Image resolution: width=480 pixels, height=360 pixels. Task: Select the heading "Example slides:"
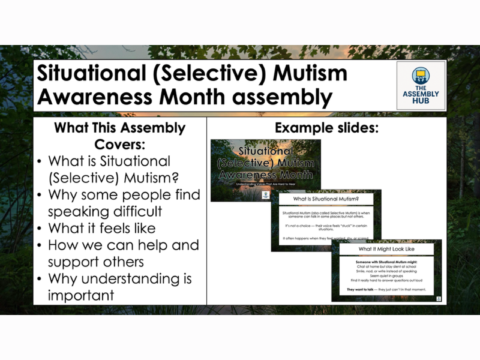point(326,128)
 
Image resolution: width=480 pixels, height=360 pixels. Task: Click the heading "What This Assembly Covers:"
point(119,136)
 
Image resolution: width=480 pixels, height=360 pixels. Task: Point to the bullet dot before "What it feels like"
point(40,229)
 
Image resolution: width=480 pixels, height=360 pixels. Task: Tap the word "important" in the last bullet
point(81,295)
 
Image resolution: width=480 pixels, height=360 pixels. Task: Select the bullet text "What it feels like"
point(101,229)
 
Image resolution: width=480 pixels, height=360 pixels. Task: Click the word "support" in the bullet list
point(76,262)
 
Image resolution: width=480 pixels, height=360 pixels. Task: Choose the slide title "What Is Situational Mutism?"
point(326,199)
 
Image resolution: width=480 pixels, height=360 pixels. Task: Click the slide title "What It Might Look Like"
point(386,248)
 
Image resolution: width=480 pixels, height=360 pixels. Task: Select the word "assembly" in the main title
point(278,97)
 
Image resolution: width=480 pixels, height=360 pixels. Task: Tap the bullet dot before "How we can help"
point(40,246)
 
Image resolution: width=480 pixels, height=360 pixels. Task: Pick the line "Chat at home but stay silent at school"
point(386,266)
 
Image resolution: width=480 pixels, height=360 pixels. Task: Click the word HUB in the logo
point(421,102)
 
